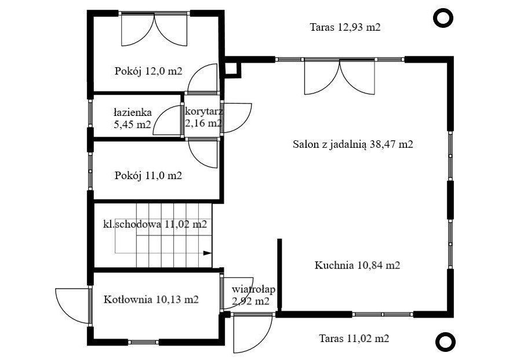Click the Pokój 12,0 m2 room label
(x=148, y=71)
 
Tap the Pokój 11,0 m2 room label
(x=148, y=176)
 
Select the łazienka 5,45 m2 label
(x=133, y=118)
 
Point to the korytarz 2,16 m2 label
(x=203, y=117)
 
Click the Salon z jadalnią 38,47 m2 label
(x=353, y=144)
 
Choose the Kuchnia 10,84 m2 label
(x=358, y=265)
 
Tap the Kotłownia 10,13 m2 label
(x=151, y=299)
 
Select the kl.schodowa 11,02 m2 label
(x=155, y=224)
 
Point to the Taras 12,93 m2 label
(x=345, y=27)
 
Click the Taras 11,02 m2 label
(x=354, y=339)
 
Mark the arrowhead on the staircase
(x=208, y=253)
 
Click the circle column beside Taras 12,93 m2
(x=443, y=18)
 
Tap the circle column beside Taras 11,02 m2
(x=445, y=342)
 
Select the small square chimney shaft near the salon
(x=232, y=69)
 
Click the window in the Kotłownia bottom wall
(x=143, y=342)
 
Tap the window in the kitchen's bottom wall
(x=383, y=314)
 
